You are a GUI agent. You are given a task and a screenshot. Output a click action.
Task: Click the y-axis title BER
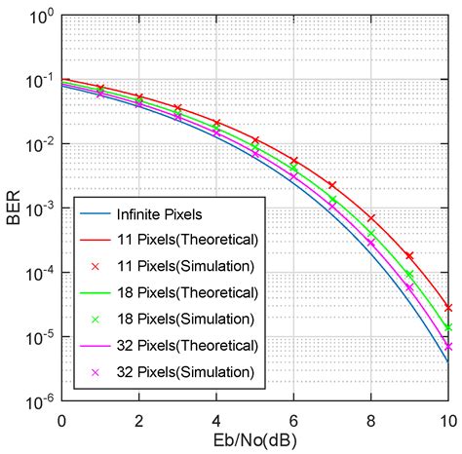[x=14, y=208]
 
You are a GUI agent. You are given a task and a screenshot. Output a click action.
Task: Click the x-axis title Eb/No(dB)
[x=254, y=441]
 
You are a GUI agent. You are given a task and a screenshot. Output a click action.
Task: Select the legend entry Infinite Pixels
[x=159, y=214]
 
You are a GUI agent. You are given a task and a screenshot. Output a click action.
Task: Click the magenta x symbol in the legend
[x=96, y=372]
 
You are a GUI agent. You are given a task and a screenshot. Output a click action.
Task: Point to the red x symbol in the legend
[x=96, y=267]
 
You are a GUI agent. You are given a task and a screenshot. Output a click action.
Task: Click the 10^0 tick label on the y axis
[x=41, y=17]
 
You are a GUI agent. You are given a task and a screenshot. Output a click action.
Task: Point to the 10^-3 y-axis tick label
[x=38, y=209]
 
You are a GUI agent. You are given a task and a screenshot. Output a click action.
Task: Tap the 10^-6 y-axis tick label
[x=38, y=402]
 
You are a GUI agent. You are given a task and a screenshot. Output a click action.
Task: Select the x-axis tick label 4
[x=216, y=421]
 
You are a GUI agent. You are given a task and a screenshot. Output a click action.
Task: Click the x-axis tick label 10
[x=448, y=421]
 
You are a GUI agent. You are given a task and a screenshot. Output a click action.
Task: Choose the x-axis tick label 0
[x=61, y=421]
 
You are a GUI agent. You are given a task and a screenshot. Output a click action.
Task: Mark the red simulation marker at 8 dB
[x=371, y=218]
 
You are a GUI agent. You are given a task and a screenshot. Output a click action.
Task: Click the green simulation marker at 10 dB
[x=448, y=327]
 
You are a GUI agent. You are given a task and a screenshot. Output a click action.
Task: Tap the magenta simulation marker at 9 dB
[x=409, y=287]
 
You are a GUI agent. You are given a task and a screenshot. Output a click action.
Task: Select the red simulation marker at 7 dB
[x=332, y=185]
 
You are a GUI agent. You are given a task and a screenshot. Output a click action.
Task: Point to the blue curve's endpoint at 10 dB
[x=448, y=362]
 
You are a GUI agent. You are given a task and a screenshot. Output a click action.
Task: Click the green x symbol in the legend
[x=96, y=320]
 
